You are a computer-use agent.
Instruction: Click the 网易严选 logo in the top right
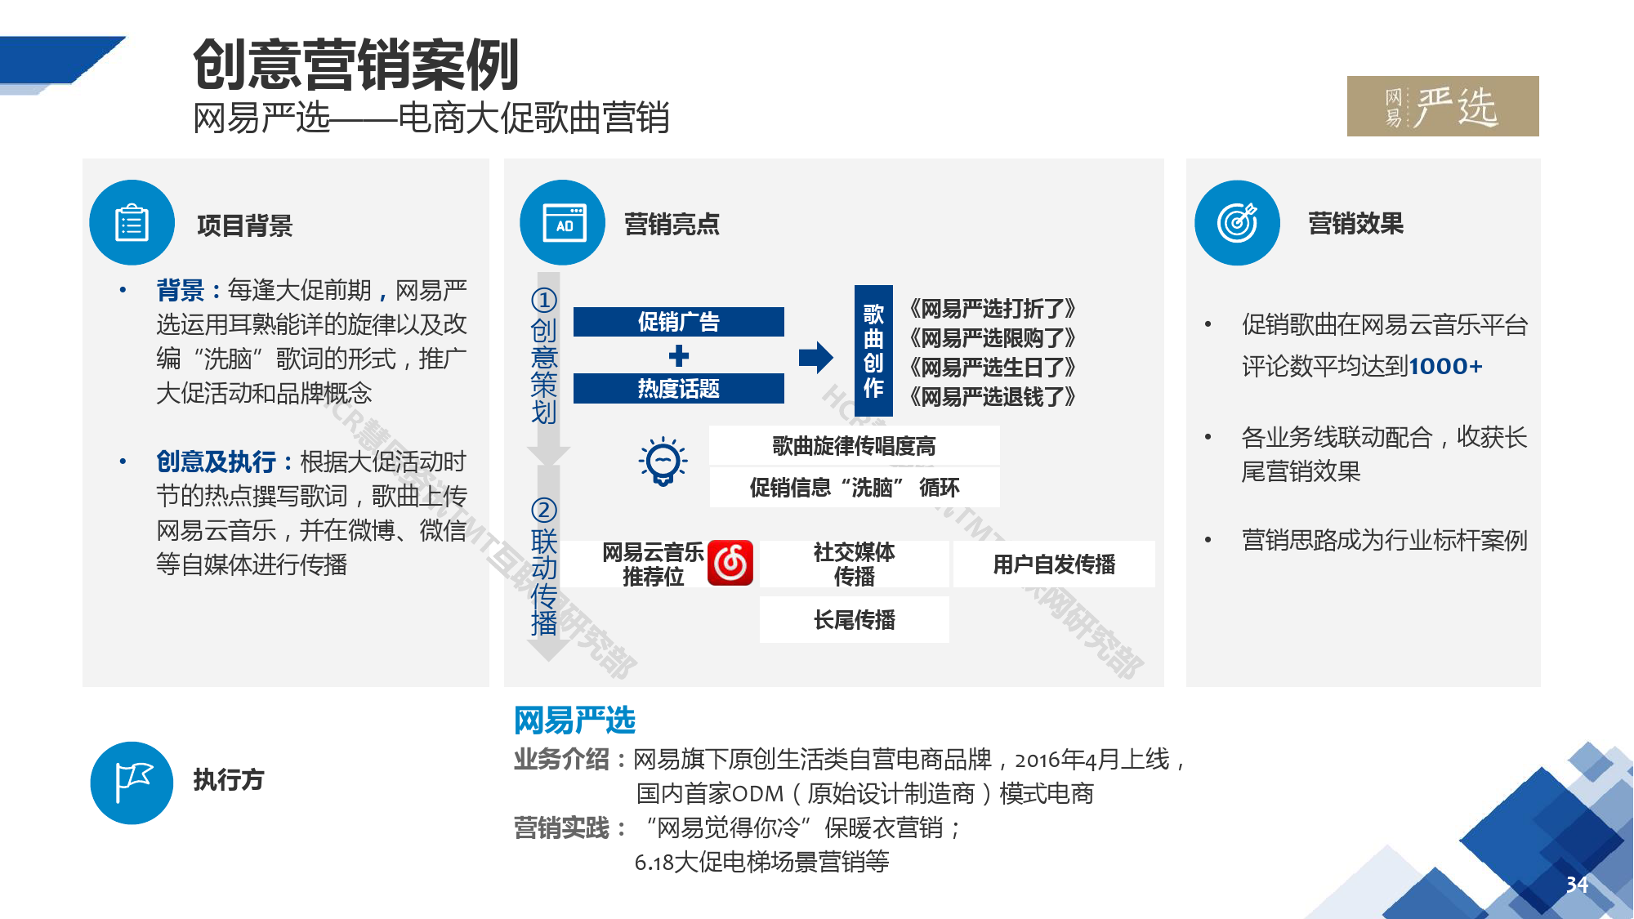pos(1443,106)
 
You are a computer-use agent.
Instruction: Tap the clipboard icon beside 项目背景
pos(132,223)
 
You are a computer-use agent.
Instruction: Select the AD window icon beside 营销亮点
pos(563,223)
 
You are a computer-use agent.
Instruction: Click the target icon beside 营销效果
pos(1238,223)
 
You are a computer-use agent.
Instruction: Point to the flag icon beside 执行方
pos(132,783)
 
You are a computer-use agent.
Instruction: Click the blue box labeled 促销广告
pos(679,322)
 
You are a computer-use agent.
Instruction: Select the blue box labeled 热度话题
pos(679,389)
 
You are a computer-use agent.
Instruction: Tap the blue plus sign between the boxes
pos(679,355)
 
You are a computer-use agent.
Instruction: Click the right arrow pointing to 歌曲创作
pos(816,357)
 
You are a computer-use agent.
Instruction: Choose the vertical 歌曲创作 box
pos(873,352)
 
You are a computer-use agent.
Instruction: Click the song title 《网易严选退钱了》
pos(992,397)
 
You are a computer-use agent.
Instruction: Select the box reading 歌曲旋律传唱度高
pos(855,446)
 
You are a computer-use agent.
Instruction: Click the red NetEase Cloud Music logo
pos(730,563)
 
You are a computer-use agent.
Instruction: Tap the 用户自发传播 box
pos(1055,564)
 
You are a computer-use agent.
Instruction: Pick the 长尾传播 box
pos(855,620)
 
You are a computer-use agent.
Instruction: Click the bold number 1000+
pos(1445,366)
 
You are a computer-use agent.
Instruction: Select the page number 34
pos(1577,885)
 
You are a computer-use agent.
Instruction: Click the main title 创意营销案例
pos(356,65)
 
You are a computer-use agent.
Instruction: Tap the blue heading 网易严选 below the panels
pos(575,720)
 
